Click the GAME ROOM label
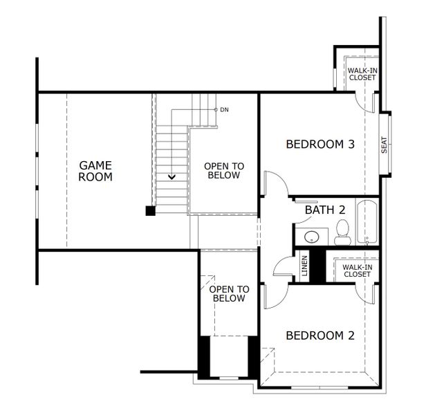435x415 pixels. pos(95,171)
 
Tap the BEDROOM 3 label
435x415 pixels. pos(320,145)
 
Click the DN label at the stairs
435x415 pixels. pos(224,109)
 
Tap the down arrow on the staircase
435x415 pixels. pos(170,176)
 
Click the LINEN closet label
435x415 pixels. pos(304,266)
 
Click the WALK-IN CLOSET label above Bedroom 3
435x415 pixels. pos(362,74)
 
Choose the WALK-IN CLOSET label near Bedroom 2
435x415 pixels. pos(357,270)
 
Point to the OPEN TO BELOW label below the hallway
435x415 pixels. pos(229,293)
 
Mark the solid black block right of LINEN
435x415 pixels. pos(317,264)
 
